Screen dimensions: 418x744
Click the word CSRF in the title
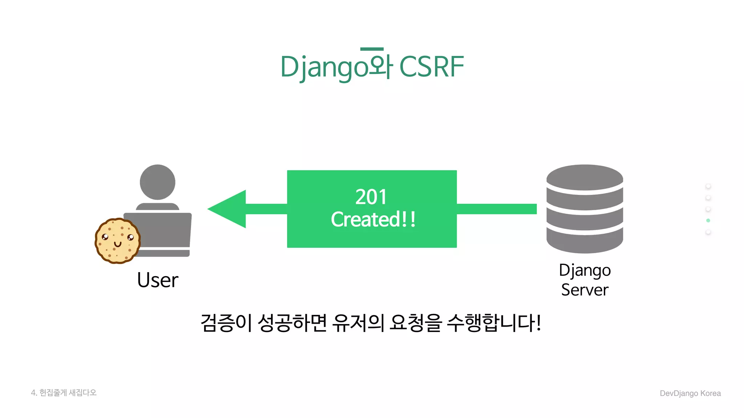[431, 67]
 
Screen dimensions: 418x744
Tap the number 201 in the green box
[371, 197]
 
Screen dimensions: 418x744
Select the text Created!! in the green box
[373, 220]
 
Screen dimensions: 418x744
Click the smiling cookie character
[117, 241]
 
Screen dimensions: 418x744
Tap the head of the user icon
[157, 182]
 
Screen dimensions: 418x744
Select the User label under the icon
[158, 280]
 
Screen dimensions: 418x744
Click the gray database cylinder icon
[585, 209]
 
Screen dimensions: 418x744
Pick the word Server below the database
[585, 290]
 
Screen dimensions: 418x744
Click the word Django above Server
[585, 271]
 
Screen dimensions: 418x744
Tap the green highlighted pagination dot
[708, 221]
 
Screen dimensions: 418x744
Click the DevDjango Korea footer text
[690, 393]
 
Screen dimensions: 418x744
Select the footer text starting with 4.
[64, 393]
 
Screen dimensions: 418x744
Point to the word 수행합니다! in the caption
[494, 323]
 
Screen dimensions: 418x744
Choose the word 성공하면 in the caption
[292, 323]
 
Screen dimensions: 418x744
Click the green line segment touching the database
[497, 209]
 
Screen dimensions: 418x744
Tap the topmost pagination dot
[708, 186]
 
